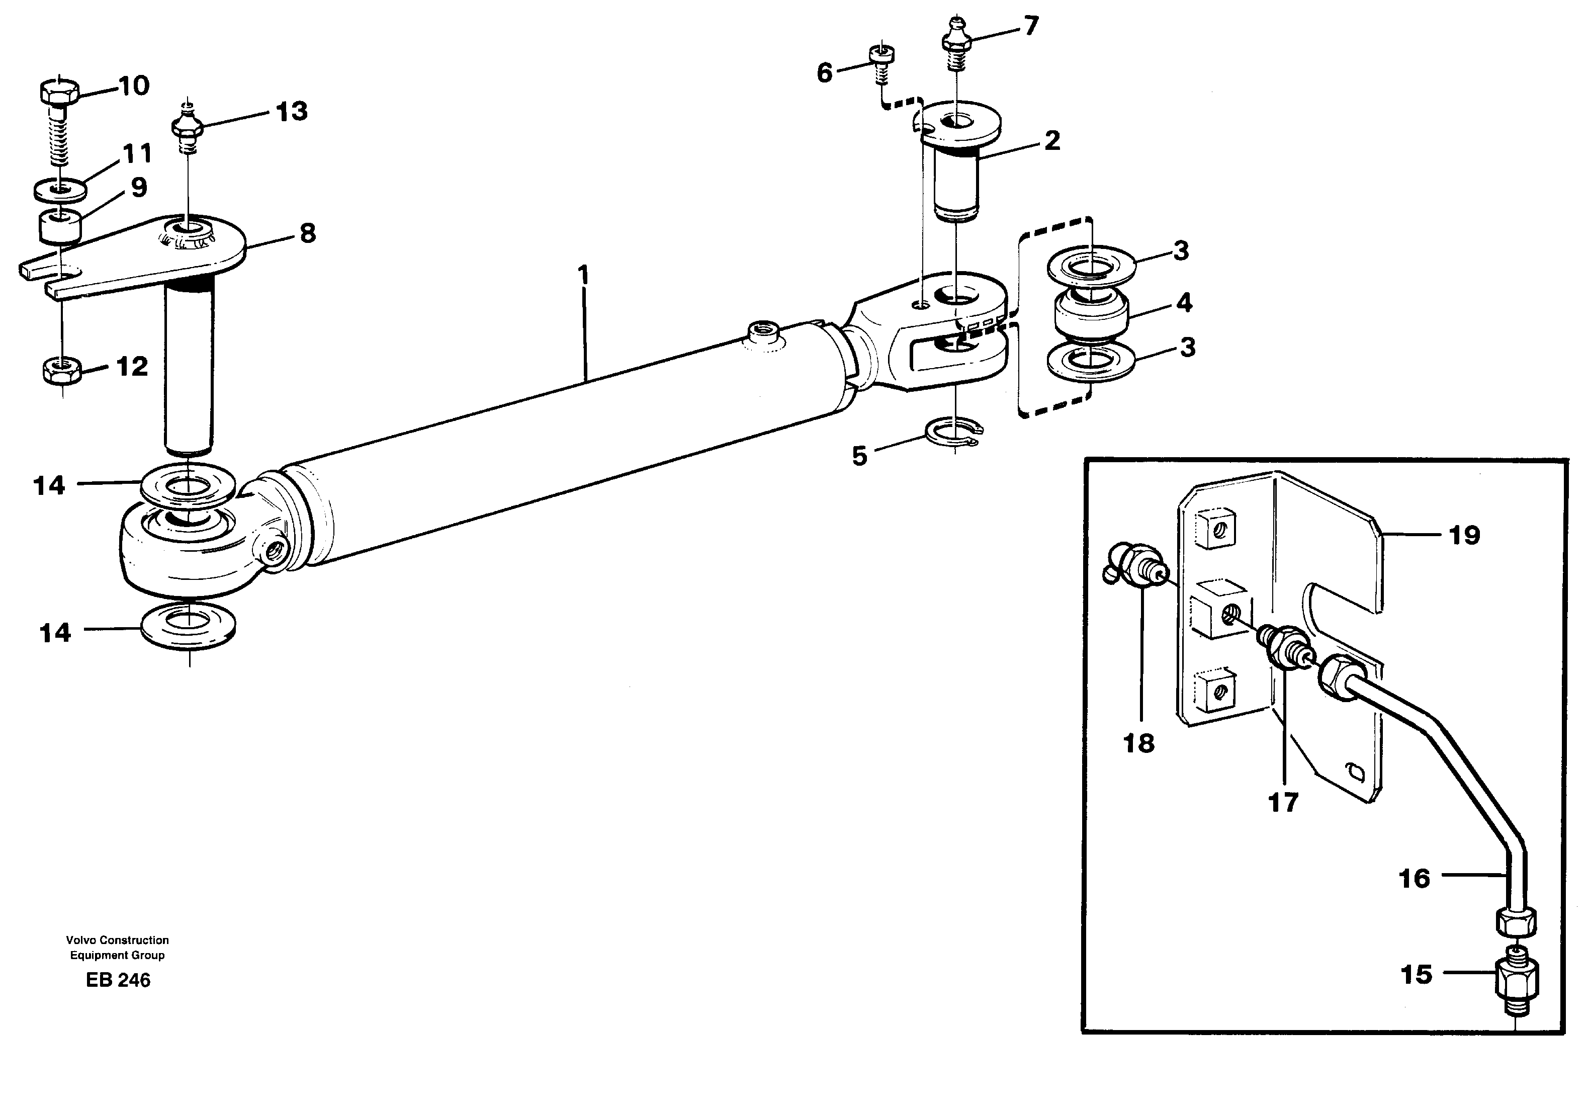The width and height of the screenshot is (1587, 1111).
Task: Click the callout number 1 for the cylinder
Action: pos(584,276)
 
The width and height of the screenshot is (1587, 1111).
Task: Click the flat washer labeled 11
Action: pos(60,188)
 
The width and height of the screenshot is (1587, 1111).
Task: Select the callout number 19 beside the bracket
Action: pos(1464,535)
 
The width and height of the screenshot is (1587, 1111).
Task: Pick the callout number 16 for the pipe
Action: pos(1414,879)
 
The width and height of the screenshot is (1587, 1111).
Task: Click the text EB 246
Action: pos(118,980)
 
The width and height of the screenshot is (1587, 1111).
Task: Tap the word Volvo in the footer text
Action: pos(79,940)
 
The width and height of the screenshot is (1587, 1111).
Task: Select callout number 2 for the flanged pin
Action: pos(1051,141)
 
